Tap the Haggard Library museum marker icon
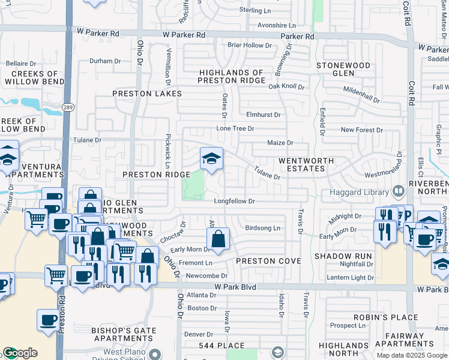398,192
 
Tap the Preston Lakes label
147,94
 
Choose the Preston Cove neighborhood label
268,261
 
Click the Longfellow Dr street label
235,202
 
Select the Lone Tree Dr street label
235,128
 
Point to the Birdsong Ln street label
263,228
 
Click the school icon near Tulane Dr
211,159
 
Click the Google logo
20,353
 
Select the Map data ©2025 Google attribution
412,355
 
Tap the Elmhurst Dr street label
263,115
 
